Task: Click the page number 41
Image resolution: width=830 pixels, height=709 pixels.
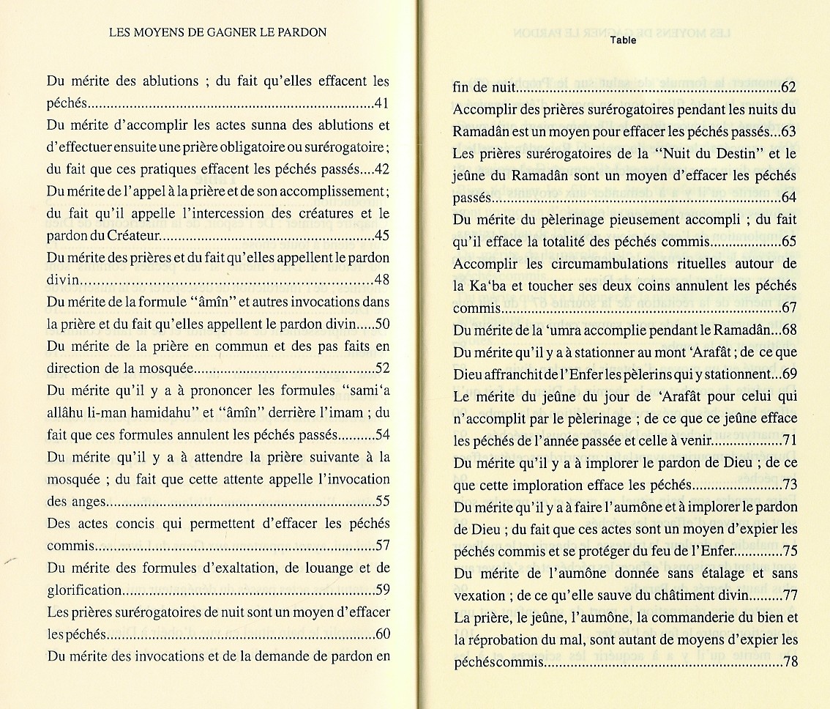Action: click(x=381, y=103)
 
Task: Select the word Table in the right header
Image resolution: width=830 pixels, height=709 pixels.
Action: click(x=623, y=40)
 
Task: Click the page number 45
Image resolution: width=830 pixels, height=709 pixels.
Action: click(x=381, y=236)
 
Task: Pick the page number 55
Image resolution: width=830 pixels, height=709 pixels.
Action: click(x=381, y=502)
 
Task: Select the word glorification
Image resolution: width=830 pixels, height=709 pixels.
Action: click(x=84, y=590)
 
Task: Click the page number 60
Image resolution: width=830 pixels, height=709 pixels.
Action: click(x=381, y=634)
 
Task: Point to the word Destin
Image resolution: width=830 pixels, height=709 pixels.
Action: click(x=731, y=154)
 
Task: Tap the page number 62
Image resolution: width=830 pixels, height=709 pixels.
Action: click(x=789, y=89)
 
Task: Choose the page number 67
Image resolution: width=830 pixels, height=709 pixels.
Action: click(x=789, y=308)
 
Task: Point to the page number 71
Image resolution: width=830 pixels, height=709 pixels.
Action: click(x=789, y=441)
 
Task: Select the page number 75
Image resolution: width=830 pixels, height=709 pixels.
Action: click(x=789, y=551)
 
